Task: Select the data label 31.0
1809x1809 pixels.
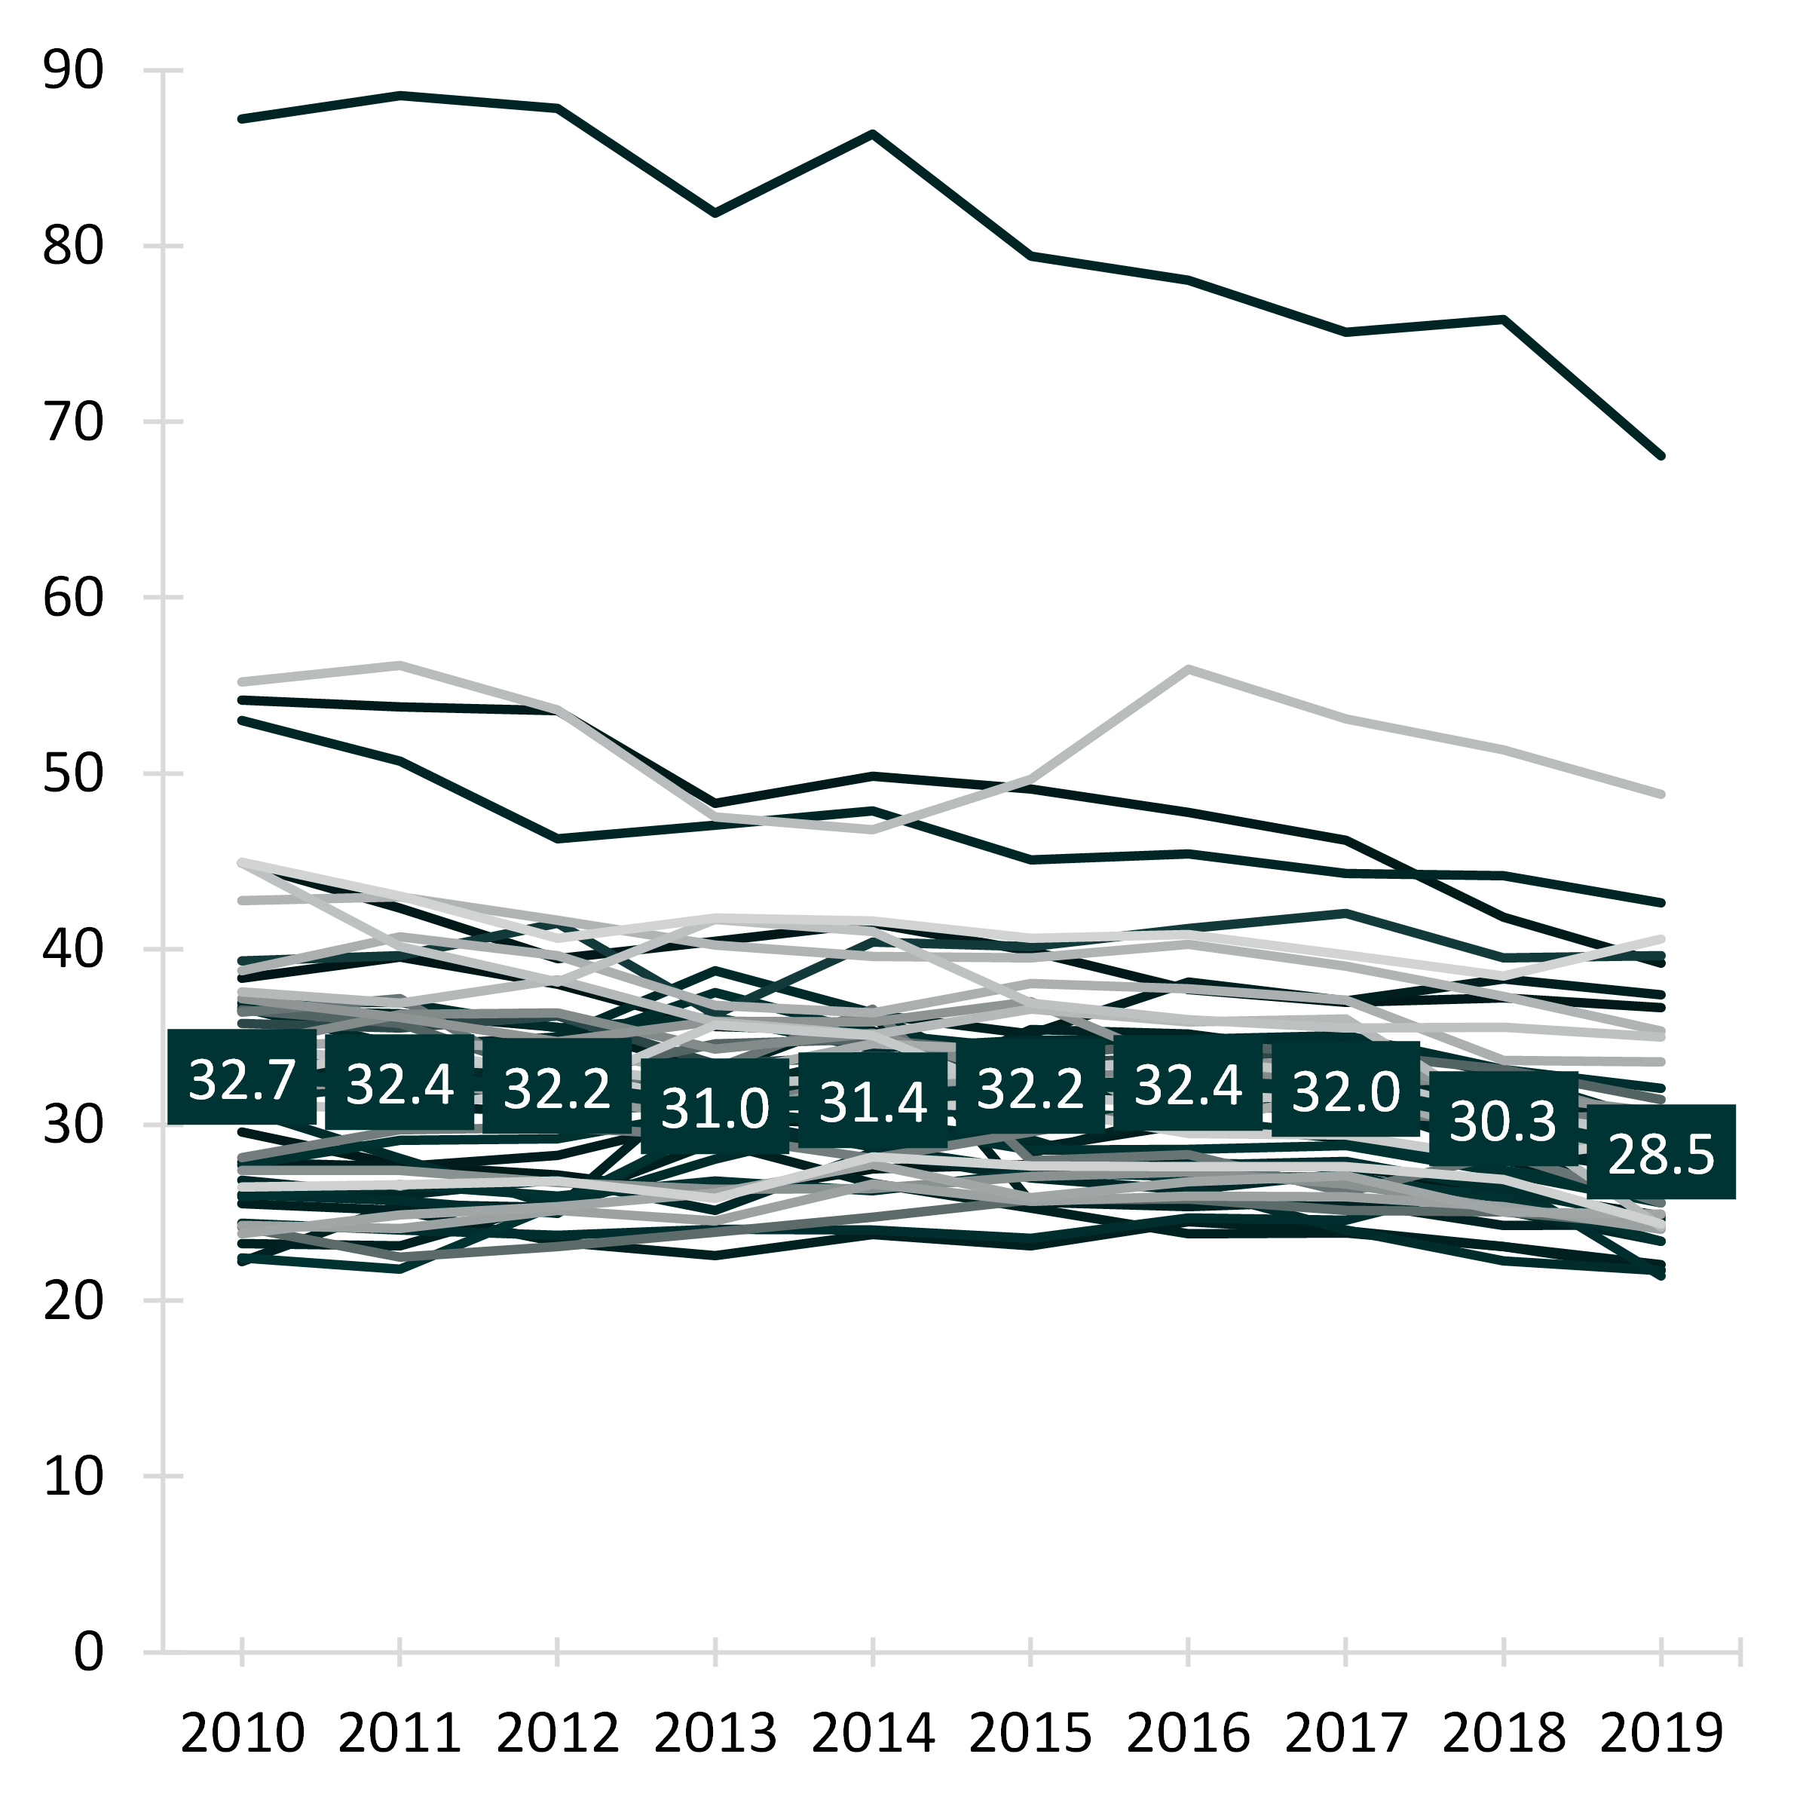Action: [x=715, y=1108]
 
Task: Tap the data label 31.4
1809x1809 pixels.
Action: [x=873, y=1101]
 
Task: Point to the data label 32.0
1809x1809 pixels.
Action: [x=1345, y=1091]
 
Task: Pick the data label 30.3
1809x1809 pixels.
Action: [x=1503, y=1120]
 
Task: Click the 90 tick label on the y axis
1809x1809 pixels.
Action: [x=73, y=70]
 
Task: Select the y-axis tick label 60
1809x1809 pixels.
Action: [x=73, y=598]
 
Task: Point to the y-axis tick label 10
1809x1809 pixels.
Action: [x=73, y=1477]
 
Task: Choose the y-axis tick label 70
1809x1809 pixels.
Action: [x=73, y=422]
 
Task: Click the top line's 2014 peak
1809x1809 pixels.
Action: [x=873, y=134]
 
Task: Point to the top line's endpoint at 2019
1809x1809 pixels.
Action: [x=1661, y=456]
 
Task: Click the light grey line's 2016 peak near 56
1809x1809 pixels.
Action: [x=1188, y=669]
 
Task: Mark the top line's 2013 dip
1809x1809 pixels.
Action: [x=715, y=213]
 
